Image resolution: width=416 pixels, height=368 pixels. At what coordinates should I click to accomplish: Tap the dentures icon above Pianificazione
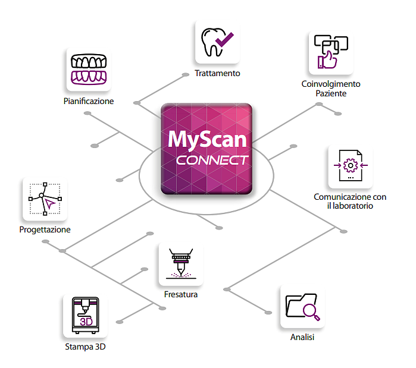click(x=89, y=70)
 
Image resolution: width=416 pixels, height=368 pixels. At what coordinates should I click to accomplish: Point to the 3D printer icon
click(x=85, y=316)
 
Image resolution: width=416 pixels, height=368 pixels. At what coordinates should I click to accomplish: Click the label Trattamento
click(x=217, y=74)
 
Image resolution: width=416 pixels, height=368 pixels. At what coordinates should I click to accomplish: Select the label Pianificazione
click(x=89, y=101)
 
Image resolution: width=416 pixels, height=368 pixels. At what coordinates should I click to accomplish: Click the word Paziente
click(x=331, y=93)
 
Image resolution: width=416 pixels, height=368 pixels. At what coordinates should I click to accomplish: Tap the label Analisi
click(x=302, y=338)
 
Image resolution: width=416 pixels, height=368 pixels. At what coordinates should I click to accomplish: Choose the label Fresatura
click(x=181, y=294)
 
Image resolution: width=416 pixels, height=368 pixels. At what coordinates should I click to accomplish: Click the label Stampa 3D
click(x=85, y=347)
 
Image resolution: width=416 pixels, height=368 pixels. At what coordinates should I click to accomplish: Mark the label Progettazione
click(x=45, y=229)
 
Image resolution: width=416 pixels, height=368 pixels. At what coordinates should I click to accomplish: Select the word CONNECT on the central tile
click(x=212, y=161)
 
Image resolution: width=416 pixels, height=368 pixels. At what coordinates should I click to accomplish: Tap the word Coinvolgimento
click(x=331, y=84)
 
